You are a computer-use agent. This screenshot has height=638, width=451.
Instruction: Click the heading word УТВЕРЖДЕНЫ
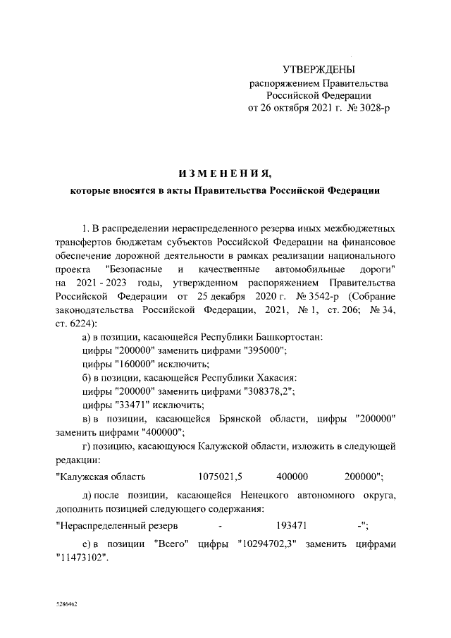pyautogui.click(x=319, y=69)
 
